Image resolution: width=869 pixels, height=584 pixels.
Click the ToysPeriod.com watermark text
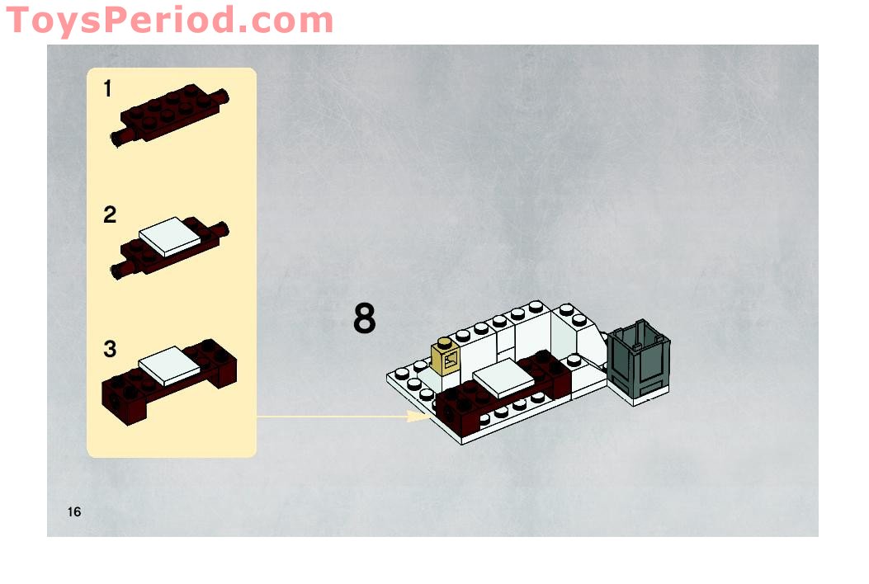[x=169, y=19]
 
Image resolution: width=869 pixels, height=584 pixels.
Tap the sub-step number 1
[x=108, y=89]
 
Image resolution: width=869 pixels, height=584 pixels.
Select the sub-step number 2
[x=110, y=216]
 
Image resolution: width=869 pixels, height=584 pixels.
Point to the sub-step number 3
[x=110, y=349]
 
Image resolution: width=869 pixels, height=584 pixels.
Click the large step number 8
[x=364, y=319]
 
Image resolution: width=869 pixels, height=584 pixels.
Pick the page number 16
[x=74, y=512]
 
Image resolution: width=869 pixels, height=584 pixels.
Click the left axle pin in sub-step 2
[x=121, y=267]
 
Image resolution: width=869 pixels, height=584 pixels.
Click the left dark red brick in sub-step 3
[x=122, y=393]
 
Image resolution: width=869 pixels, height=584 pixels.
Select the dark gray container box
[x=639, y=357]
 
